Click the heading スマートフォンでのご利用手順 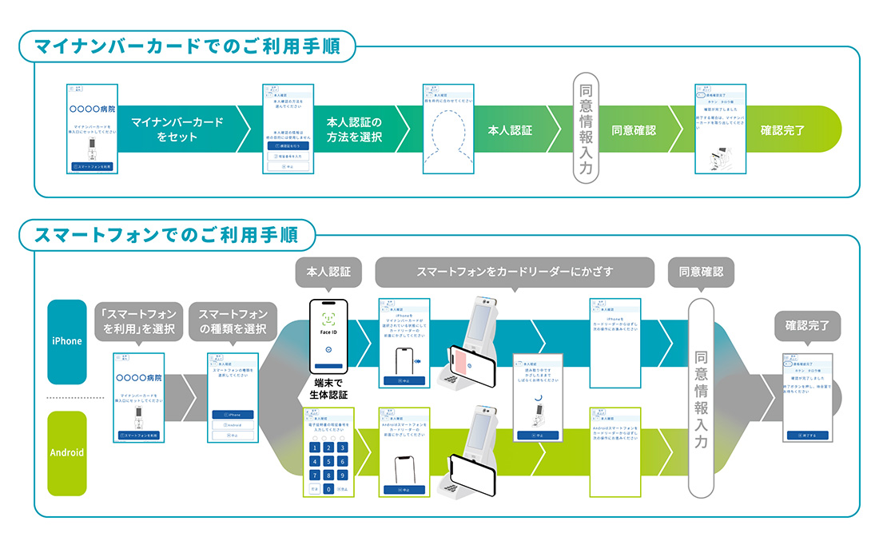click(167, 236)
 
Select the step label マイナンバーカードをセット click(177, 129)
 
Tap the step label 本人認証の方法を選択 click(354, 129)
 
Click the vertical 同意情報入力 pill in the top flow click(585, 130)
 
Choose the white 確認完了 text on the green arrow click(782, 129)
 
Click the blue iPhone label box click(67, 341)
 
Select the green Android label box click(67, 452)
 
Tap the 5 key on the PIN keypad click(328, 461)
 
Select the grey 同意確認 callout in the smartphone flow click(701, 272)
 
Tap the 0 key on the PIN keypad click(328, 488)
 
